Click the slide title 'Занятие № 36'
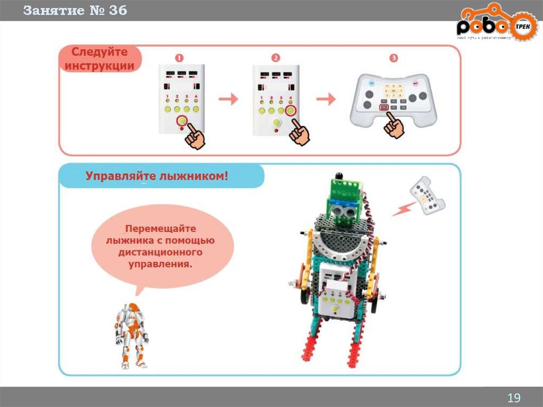click(75, 11)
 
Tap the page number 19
click(514, 398)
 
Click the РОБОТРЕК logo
click(497, 27)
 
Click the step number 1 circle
click(180, 58)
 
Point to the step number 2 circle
click(275, 58)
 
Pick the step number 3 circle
click(393, 58)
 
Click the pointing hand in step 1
click(194, 136)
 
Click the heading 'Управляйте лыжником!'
click(157, 176)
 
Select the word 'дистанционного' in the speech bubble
click(160, 253)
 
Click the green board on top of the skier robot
click(345, 190)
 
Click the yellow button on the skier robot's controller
click(335, 307)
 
